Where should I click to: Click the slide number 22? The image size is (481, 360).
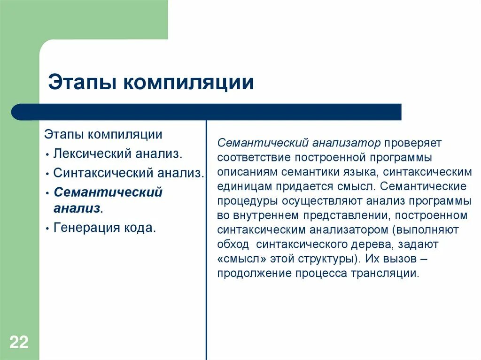click(19, 342)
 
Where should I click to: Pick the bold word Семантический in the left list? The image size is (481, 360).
click(108, 192)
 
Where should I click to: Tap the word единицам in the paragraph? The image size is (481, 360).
click(244, 186)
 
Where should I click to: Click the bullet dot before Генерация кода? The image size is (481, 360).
click(48, 229)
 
